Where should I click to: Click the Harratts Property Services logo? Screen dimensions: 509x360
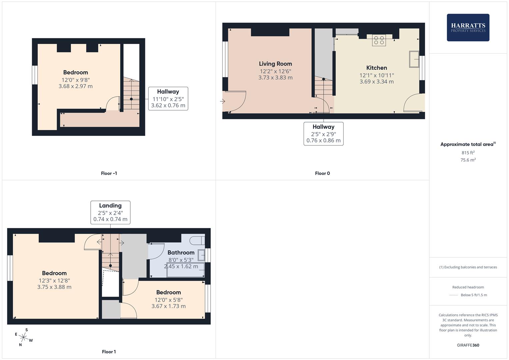point(468,27)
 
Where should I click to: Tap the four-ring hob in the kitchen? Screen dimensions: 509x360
point(379,40)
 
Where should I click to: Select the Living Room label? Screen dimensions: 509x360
point(275,64)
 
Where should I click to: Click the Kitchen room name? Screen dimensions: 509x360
point(377,68)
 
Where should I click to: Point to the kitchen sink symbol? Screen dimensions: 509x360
point(414,59)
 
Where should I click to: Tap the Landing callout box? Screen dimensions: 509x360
point(110,213)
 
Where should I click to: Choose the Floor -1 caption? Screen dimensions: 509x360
point(109,173)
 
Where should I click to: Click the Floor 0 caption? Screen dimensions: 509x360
point(322,173)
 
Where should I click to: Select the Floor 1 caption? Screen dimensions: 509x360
point(109,352)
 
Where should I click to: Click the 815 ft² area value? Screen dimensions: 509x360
point(468,153)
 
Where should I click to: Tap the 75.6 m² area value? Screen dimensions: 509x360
point(468,160)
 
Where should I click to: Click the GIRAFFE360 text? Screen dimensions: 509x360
point(468,345)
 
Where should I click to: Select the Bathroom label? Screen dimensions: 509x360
point(181,253)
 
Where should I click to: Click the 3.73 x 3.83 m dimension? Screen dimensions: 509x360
point(275,77)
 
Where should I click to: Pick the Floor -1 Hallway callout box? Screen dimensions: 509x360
point(168,99)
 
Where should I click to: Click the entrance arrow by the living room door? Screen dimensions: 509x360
point(222,101)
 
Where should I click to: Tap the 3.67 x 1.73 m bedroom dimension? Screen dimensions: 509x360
point(169,306)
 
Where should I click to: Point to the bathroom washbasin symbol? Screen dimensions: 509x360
point(201,255)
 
